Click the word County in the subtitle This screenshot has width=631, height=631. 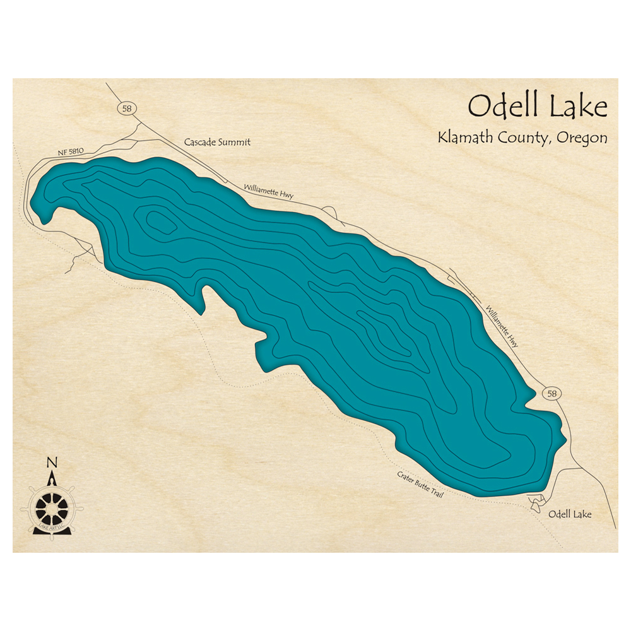point(524,139)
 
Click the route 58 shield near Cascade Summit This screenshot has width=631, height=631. point(127,109)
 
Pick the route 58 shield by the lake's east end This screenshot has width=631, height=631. point(551,394)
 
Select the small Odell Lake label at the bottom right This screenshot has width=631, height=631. point(570,514)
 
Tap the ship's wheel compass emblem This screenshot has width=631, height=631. point(51,505)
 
